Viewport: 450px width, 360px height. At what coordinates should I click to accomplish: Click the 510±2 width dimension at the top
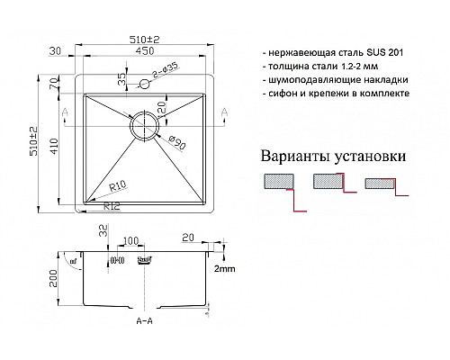click(x=142, y=39)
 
